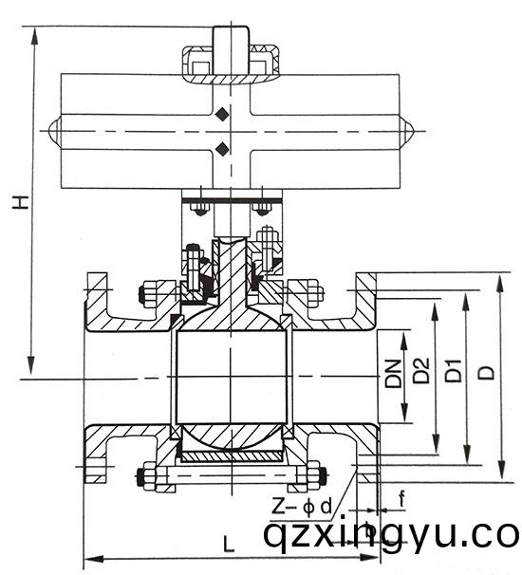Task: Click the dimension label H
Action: coord(21,202)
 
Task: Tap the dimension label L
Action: coord(229,544)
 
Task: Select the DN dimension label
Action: coord(393,374)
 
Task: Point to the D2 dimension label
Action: coord(421,370)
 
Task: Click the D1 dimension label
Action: coord(454,371)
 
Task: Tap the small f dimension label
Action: coord(402,499)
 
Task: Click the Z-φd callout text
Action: coord(302,508)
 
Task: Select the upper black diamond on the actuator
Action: coord(222,114)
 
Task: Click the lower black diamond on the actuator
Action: coord(222,149)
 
